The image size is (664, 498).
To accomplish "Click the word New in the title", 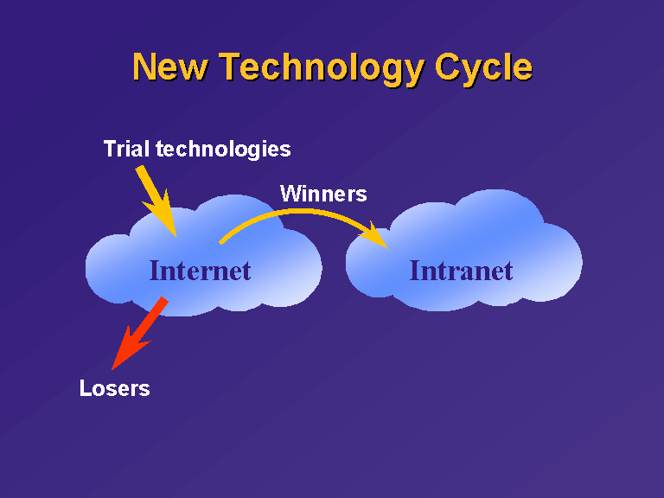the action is coord(170,67).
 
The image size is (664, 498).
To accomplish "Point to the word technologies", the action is coord(223,150).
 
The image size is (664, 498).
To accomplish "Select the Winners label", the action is coord(323,194).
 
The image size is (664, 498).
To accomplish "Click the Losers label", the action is coord(115,388).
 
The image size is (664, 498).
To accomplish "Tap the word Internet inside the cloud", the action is coord(201,271).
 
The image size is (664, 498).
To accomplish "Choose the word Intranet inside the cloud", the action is coord(461,271).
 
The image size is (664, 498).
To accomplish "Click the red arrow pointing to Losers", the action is coord(140,333).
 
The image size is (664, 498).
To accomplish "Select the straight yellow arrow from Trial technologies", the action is coord(156,201).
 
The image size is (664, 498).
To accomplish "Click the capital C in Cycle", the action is coord(448,67).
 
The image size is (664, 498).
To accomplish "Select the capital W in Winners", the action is coord(291,194).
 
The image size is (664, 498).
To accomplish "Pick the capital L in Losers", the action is coord(86,388).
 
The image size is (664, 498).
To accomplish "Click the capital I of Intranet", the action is coord(415,271).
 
